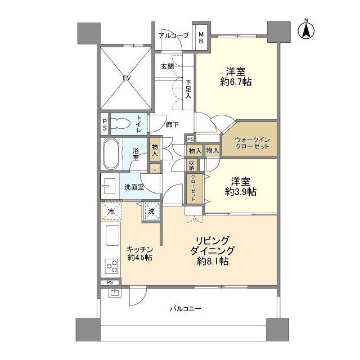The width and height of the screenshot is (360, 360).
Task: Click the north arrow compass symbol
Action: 306,31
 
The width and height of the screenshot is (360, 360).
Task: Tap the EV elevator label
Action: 127,78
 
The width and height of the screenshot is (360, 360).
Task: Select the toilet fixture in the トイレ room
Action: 120,124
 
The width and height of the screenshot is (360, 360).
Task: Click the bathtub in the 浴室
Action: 111,154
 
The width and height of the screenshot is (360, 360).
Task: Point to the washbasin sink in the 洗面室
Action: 110,186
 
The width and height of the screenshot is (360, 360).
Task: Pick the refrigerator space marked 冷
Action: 111,211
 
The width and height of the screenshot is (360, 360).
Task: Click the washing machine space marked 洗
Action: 151,211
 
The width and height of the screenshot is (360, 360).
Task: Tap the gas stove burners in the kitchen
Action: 112,266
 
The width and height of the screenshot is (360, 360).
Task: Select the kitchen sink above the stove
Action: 112,235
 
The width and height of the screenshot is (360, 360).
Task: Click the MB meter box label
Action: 201,38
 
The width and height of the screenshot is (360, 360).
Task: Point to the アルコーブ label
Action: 174,35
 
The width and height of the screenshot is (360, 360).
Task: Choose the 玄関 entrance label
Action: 168,66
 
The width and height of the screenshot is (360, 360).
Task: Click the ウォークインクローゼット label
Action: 252,143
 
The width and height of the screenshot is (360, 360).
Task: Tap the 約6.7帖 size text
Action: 236,82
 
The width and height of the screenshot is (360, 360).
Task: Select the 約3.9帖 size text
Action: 240,192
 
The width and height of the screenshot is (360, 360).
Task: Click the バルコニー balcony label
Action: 186,309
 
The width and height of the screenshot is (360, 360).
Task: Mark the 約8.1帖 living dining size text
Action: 213,261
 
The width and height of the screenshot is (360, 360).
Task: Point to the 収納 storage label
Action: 192,165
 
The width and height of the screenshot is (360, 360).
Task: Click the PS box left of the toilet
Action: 105,124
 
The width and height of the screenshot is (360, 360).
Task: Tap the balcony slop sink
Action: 114,292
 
